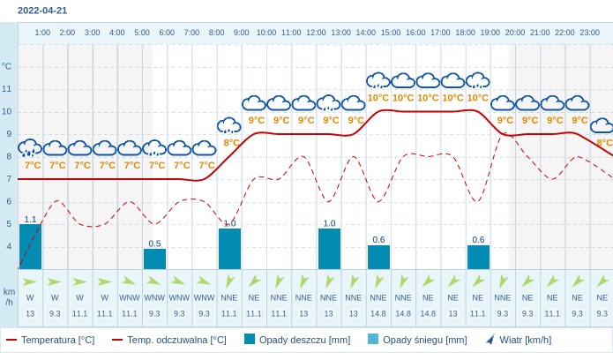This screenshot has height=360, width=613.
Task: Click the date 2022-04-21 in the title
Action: (x=42, y=11)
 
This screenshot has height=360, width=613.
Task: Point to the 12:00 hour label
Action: (x=316, y=33)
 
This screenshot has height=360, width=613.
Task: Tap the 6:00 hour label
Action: (x=167, y=33)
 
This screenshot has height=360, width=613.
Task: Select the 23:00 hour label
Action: (x=589, y=33)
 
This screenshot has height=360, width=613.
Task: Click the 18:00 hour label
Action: (x=465, y=33)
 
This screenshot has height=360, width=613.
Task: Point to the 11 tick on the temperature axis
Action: (x=7, y=89)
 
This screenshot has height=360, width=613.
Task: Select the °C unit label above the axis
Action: (x=7, y=66)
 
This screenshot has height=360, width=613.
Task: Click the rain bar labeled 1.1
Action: (x=30, y=247)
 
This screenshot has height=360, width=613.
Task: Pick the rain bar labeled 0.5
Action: (x=154, y=259)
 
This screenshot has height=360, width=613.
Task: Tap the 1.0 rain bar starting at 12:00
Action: (x=329, y=249)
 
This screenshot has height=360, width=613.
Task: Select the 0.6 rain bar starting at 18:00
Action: (x=478, y=258)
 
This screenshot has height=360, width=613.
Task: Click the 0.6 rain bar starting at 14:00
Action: (x=378, y=258)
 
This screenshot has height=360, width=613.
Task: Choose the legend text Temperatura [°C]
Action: (x=57, y=340)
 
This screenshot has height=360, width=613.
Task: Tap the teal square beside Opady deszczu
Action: (x=250, y=340)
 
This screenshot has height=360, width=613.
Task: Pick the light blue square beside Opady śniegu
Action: (x=373, y=340)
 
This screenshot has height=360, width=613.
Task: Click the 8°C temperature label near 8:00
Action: (x=231, y=142)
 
